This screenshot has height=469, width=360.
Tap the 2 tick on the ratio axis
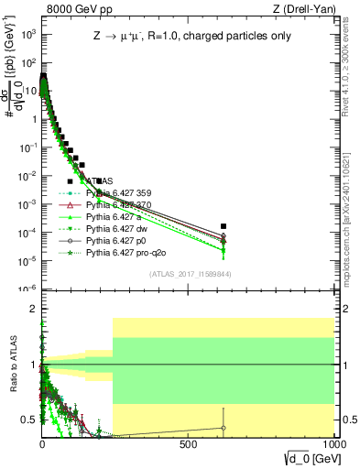click(33, 309)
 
